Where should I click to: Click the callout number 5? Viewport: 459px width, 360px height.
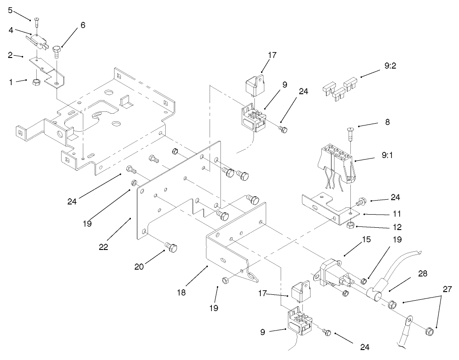point(10,10)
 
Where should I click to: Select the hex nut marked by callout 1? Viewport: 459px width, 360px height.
point(36,82)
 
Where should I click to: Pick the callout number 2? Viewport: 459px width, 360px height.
point(10,55)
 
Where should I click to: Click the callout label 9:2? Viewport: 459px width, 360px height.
point(390,66)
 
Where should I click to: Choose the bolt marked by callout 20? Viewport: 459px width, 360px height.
point(171,247)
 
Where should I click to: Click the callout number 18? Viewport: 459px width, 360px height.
point(181,293)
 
